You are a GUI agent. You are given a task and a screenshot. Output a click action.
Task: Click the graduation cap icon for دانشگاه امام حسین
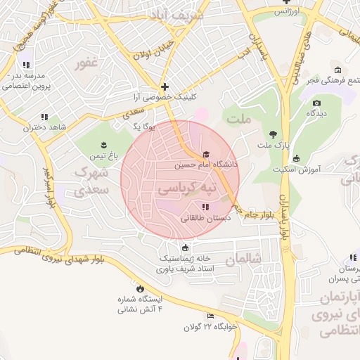[206, 155]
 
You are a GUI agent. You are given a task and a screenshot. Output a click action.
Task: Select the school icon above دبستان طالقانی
[205, 207]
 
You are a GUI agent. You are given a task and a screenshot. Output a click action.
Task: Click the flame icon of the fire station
[140, 288]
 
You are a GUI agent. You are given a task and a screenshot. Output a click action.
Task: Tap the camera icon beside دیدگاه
[316, 103]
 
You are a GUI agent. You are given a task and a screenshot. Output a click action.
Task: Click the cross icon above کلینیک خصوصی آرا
[165, 86]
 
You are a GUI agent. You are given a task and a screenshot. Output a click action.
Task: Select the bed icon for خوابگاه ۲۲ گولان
[210, 316]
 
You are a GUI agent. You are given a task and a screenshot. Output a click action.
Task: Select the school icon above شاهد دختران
[44, 117]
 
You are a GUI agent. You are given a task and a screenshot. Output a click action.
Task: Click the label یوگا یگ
[144, 127]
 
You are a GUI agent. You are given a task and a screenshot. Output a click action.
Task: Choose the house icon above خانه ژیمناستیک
[186, 247]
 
